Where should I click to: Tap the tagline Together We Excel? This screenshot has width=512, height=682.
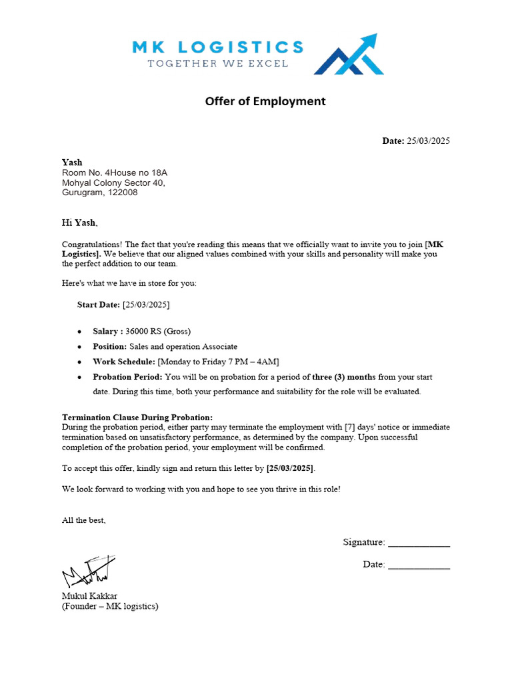point(217,63)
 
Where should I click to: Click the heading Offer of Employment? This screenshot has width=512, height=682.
point(265,101)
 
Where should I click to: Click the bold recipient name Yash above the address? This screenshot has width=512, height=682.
point(72,162)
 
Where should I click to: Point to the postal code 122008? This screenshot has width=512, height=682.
point(123,192)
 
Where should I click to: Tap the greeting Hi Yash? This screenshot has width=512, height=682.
point(79,222)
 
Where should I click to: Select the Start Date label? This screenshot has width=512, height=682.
point(99,304)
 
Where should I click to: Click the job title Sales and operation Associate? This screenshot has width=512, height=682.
point(183,346)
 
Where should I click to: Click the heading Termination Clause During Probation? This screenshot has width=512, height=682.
point(137,417)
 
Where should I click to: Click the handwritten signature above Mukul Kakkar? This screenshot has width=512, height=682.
point(88,571)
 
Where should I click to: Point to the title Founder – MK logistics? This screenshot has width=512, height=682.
point(110,606)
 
